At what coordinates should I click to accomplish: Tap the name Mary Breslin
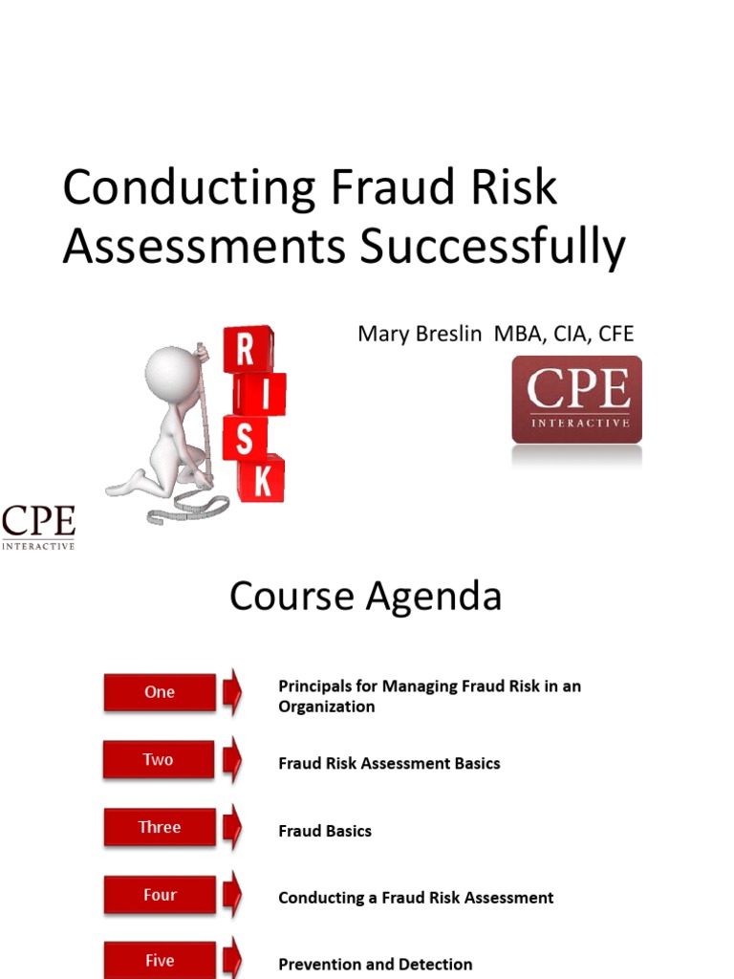[x=420, y=334]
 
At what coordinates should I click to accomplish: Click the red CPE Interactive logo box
[x=576, y=400]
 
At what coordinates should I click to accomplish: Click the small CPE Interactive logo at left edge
[x=38, y=528]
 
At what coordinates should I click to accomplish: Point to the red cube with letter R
[x=246, y=350]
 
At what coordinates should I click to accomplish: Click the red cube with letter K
[x=261, y=479]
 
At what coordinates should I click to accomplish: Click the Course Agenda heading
[x=366, y=597]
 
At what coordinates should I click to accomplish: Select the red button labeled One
[x=160, y=692]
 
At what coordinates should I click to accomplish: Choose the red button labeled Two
[x=159, y=760]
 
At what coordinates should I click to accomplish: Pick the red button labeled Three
[x=160, y=828]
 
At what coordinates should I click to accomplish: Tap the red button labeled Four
[x=160, y=895]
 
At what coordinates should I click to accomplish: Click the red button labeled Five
[x=160, y=960]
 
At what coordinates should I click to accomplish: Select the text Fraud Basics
[x=325, y=831]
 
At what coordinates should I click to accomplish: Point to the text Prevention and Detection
[x=375, y=965]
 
